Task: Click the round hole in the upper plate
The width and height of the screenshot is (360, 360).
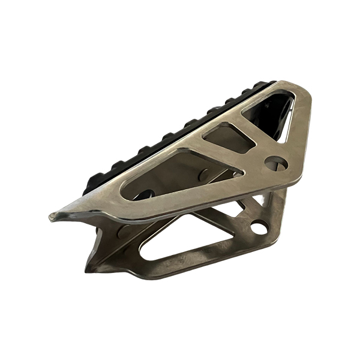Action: click(x=276, y=163)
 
